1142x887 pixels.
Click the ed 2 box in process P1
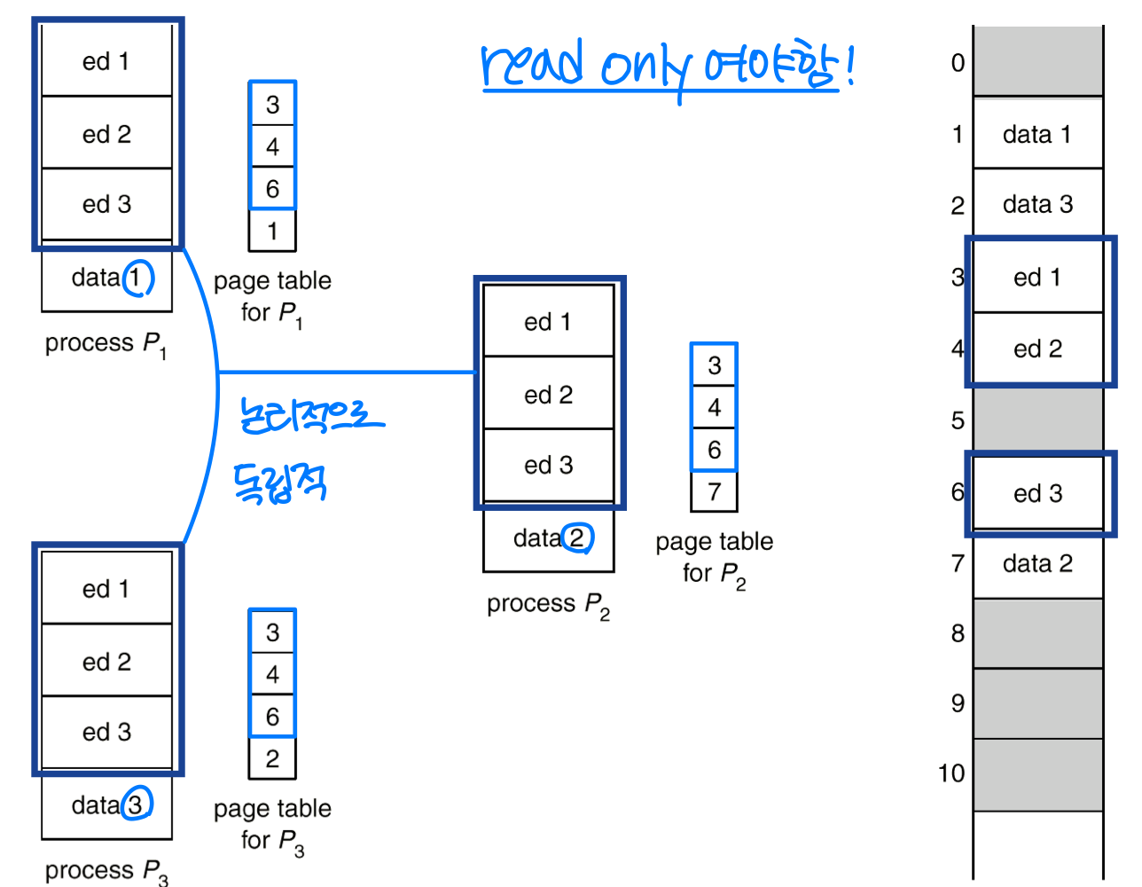[106, 134]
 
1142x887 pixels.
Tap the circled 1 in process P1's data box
[137, 279]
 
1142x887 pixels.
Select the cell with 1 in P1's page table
[272, 232]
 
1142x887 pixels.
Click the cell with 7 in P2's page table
[714, 491]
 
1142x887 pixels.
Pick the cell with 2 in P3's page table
[272, 758]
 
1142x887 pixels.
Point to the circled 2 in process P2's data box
[577, 538]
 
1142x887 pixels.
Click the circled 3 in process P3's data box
[136, 805]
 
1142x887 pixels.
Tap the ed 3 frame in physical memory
[1037, 493]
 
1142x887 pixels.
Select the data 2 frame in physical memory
[1037, 563]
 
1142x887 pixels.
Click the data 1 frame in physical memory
[1037, 134]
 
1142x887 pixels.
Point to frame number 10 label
[951, 773]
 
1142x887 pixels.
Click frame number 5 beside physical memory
[958, 420]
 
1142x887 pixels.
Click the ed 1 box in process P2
[548, 321]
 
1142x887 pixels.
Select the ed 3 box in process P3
[106, 732]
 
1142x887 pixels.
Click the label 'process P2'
[548, 605]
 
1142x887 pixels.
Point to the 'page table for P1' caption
[272, 296]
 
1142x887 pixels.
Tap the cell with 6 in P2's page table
[714, 450]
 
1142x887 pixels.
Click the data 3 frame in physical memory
[1037, 204]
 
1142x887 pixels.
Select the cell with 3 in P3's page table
[272, 632]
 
